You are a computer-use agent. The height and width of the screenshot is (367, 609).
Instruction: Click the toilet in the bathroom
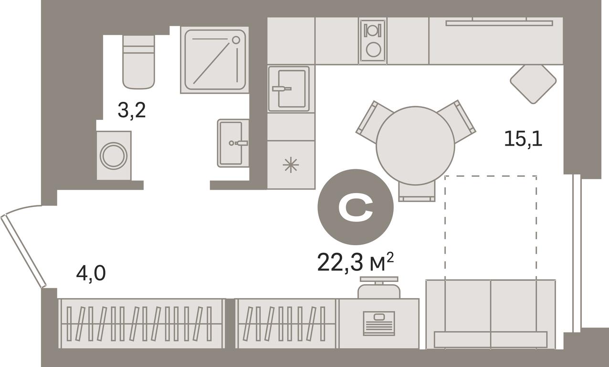click(x=139, y=62)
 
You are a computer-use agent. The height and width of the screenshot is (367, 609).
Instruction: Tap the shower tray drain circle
click(x=236, y=40)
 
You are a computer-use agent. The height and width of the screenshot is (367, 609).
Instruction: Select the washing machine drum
click(x=114, y=156)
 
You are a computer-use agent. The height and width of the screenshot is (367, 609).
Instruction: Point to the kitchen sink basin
click(x=292, y=89)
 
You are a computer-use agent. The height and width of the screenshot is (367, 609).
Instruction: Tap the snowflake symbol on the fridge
click(x=291, y=165)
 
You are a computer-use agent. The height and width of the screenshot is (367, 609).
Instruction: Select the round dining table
click(x=415, y=146)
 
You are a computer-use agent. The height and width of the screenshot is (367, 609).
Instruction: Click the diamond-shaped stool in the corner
click(x=533, y=84)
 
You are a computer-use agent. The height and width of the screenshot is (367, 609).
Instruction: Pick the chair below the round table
click(x=417, y=193)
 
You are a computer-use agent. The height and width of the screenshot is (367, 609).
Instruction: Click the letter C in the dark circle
click(x=356, y=207)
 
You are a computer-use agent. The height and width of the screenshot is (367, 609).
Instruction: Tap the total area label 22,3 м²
click(x=356, y=262)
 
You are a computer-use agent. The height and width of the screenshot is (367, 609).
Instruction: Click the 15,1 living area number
click(x=523, y=139)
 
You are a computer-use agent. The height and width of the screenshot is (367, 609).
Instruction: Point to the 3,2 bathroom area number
click(x=132, y=110)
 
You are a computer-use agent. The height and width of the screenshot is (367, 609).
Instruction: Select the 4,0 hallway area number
click(x=91, y=273)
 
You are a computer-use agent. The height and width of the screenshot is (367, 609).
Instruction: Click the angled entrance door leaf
click(x=23, y=251)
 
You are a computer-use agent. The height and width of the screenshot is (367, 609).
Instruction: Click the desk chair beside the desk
click(x=379, y=288)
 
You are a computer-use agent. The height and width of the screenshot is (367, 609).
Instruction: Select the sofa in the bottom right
click(x=491, y=314)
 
